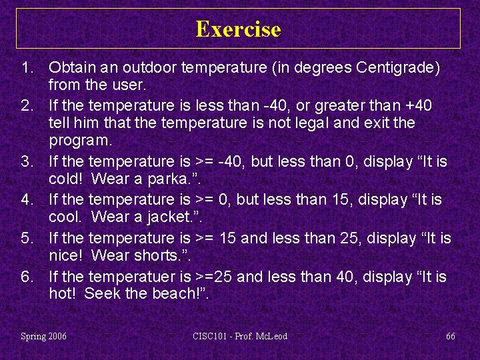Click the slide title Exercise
pos(239,29)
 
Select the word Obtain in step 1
pos(70,67)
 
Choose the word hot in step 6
pos(61,294)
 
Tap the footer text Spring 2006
pos(44,336)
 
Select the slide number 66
pos(451,336)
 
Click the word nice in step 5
pos(65,256)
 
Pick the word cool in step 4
pos(65,217)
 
